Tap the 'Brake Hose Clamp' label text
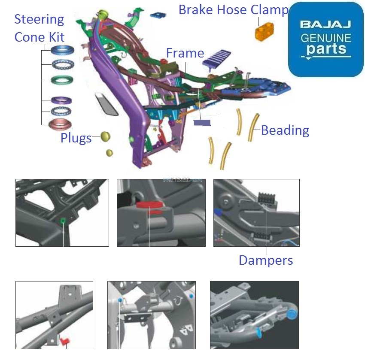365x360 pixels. tap(233, 10)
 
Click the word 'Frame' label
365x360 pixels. tap(185, 53)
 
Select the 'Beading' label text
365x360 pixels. tap(285, 130)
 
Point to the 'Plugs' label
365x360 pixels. tap(76, 138)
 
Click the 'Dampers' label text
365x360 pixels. tap(266, 260)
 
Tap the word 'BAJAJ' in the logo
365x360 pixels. tap(326, 24)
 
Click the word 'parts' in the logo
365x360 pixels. tap(326, 48)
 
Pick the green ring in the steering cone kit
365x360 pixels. tap(62, 80)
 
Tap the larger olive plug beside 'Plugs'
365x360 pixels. tap(106, 136)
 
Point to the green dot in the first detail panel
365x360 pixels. tap(63, 221)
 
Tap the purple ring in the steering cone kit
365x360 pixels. tap(62, 100)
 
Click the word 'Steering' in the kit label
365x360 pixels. tap(39, 19)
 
